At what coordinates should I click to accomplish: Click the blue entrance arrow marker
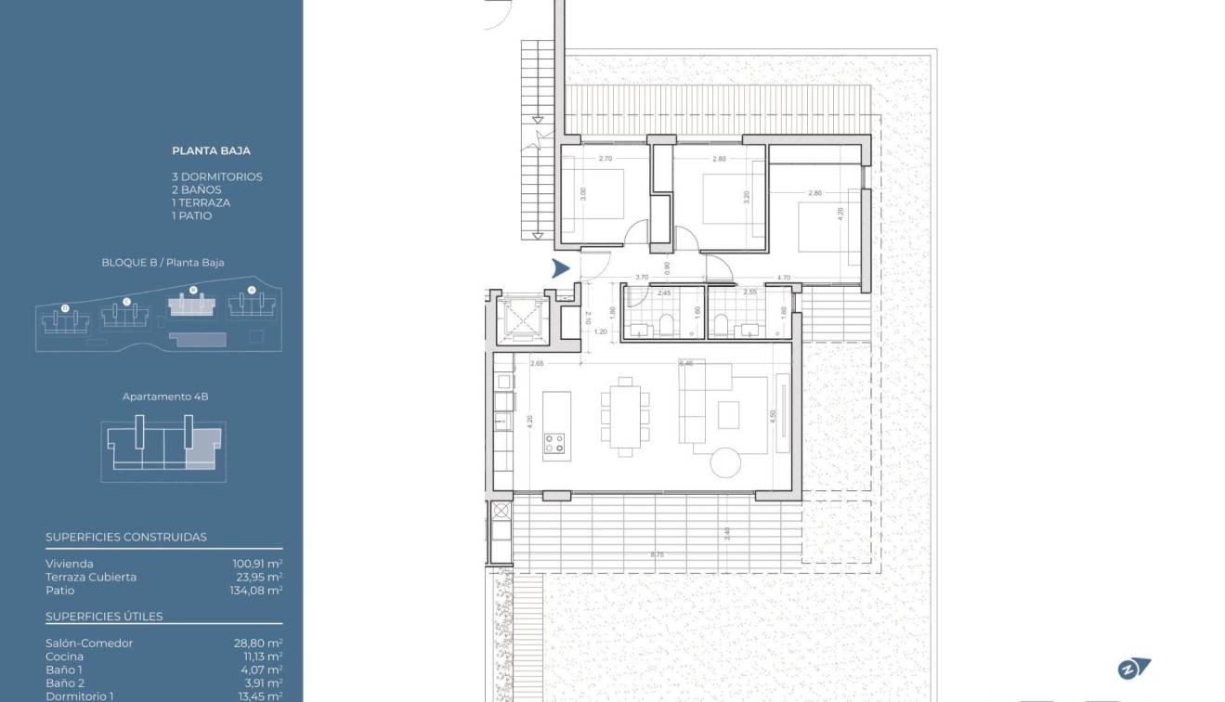pos(560,269)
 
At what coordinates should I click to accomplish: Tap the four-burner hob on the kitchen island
pos(554,443)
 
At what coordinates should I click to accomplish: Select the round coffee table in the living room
pos(724,461)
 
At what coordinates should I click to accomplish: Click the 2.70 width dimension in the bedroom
pos(606,159)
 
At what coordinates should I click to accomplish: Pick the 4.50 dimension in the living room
pos(773,416)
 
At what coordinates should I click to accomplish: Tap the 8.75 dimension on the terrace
pos(658,555)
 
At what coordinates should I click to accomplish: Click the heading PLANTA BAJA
pos(211,150)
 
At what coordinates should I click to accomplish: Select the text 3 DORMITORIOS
pos(217,176)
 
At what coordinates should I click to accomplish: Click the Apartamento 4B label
pos(165,396)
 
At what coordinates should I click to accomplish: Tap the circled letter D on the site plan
pos(64,307)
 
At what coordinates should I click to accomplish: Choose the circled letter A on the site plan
pos(251,291)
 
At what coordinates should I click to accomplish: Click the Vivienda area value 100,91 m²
pos(257,564)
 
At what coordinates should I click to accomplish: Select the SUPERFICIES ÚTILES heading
pos(104,617)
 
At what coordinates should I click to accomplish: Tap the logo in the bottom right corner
pos(1134,668)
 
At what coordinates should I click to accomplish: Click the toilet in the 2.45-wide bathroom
pos(665,324)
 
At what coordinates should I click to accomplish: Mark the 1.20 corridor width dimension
pos(600,331)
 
